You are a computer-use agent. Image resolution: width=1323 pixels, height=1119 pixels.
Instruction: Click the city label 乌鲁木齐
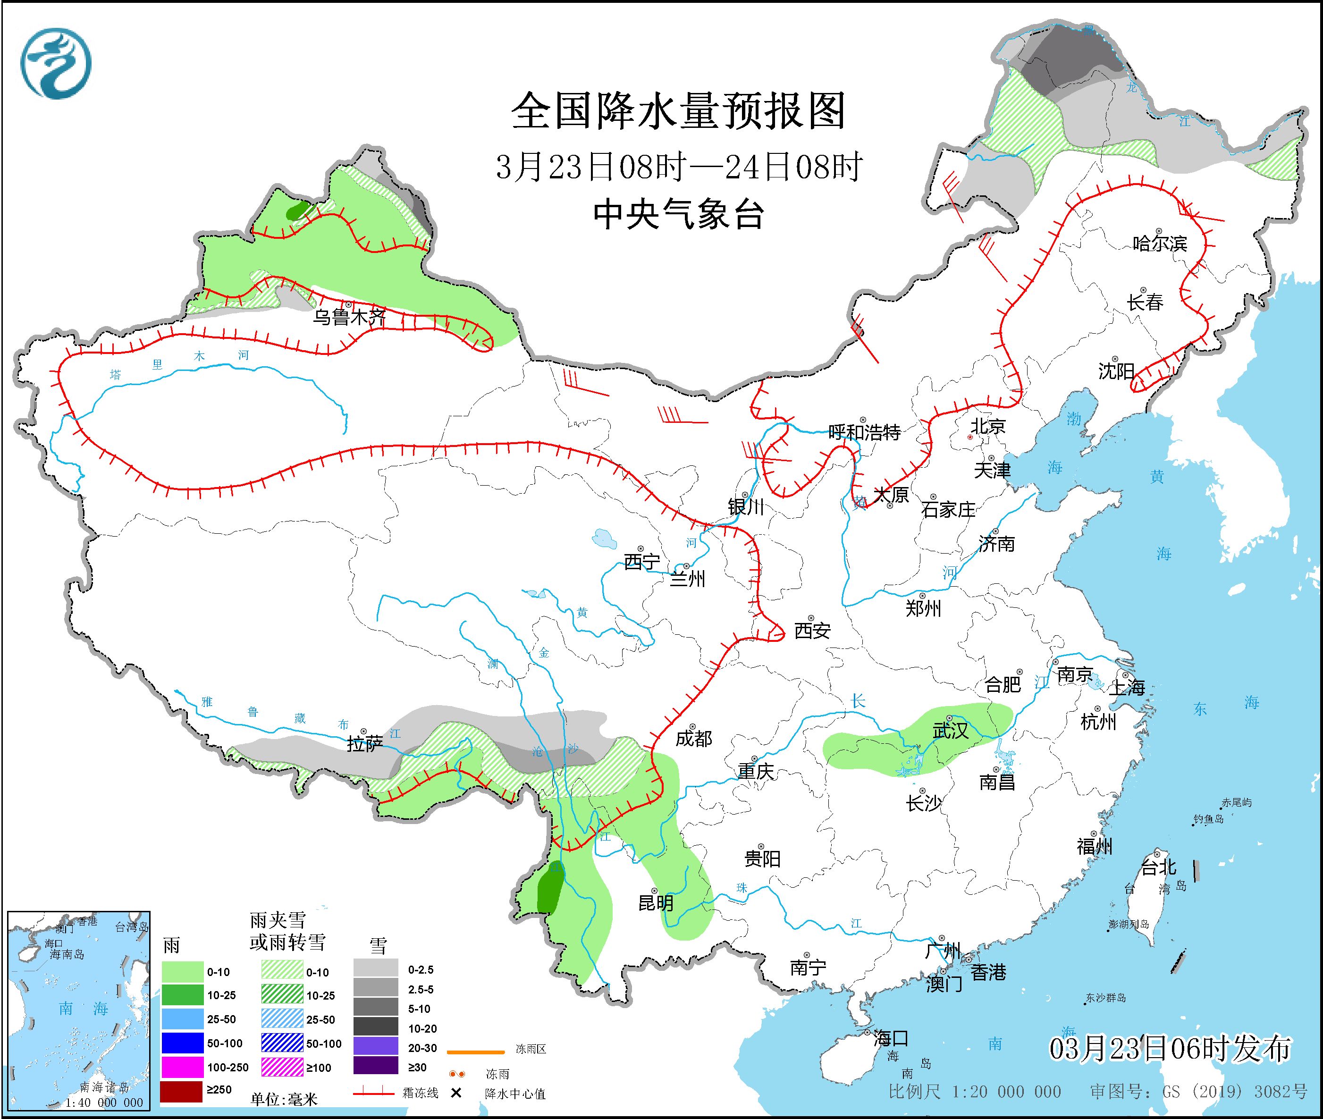(x=348, y=317)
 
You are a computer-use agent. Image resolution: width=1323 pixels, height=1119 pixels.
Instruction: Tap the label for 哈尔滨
(x=1159, y=244)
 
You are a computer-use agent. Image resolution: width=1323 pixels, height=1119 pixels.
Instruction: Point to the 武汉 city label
(x=950, y=731)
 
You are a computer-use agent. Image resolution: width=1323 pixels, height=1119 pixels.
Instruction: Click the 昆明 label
(x=656, y=903)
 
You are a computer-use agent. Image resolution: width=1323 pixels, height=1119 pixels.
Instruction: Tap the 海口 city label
(x=891, y=1038)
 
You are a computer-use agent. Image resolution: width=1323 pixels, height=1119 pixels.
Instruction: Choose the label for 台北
(x=1159, y=867)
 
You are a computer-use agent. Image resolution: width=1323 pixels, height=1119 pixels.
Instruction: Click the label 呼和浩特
(x=864, y=433)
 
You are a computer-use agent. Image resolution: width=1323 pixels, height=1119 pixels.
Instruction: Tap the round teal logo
(x=56, y=63)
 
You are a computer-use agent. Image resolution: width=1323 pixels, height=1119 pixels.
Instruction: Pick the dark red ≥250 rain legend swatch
(x=181, y=1090)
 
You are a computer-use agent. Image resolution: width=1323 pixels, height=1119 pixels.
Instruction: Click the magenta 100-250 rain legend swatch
(x=181, y=1067)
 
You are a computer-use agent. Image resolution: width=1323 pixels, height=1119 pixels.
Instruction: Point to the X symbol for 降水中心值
(x=455, y=1093)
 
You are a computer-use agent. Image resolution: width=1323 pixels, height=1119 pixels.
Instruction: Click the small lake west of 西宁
(x=603, y=538)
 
